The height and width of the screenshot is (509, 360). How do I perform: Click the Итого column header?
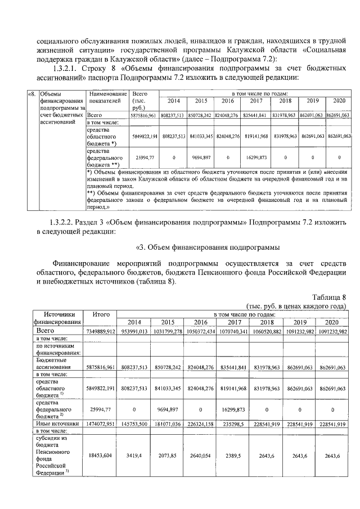click(101, 314)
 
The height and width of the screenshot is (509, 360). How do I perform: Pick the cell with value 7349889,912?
click(101, 331)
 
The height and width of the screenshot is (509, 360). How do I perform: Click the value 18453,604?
click(101, 455)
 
